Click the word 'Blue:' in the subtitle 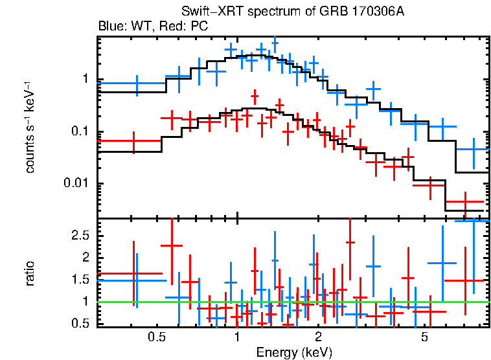point(110,27)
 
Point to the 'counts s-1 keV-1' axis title point(29,126)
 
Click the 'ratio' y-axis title point(30,274)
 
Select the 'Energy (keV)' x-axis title point(293,352)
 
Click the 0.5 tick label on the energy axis point(155,337)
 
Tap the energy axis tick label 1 point(237,337)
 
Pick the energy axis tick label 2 point(318,337)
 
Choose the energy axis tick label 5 point(425,337)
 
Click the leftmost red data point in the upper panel point(133,141)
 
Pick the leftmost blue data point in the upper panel point(137,83)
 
